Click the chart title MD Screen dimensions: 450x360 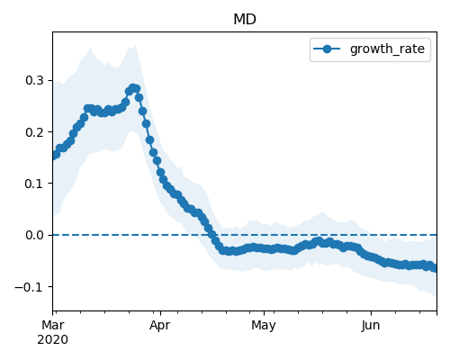(245, 20)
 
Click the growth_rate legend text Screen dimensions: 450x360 (387, 49)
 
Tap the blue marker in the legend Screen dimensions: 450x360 (327, 49)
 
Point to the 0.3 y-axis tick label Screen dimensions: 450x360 (35, 80)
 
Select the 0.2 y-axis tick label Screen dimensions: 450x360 (35, 132)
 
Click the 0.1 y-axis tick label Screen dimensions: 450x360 (35, 184)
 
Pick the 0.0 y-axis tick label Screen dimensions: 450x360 (35, 235)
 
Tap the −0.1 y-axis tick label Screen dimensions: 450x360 (30, 287)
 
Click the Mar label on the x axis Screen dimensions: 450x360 (53, 325)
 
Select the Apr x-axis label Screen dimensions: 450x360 (160, 326)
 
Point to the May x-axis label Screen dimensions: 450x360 (264, 326)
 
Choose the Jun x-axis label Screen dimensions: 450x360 (371, 325)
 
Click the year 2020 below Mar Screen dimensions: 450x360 (53, 340)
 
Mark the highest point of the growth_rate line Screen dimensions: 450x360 (132, 88)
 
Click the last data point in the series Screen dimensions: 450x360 (434, 268)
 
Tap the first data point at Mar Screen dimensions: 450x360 (54, 155)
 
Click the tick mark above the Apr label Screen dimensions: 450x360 (160, 313)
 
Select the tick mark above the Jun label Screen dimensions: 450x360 (371, 313)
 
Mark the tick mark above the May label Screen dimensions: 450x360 (264, 313)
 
